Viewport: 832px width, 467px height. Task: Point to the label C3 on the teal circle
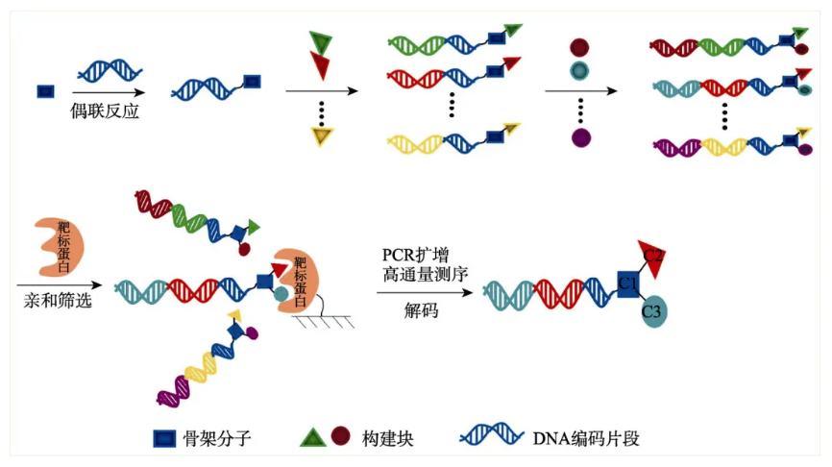click(x=650, y=312)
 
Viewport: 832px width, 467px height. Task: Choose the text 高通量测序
click(x=423, y=277)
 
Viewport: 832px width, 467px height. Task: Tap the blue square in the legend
click(x=164, y=439)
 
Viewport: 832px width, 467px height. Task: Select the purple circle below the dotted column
click(x=580, y=137)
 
